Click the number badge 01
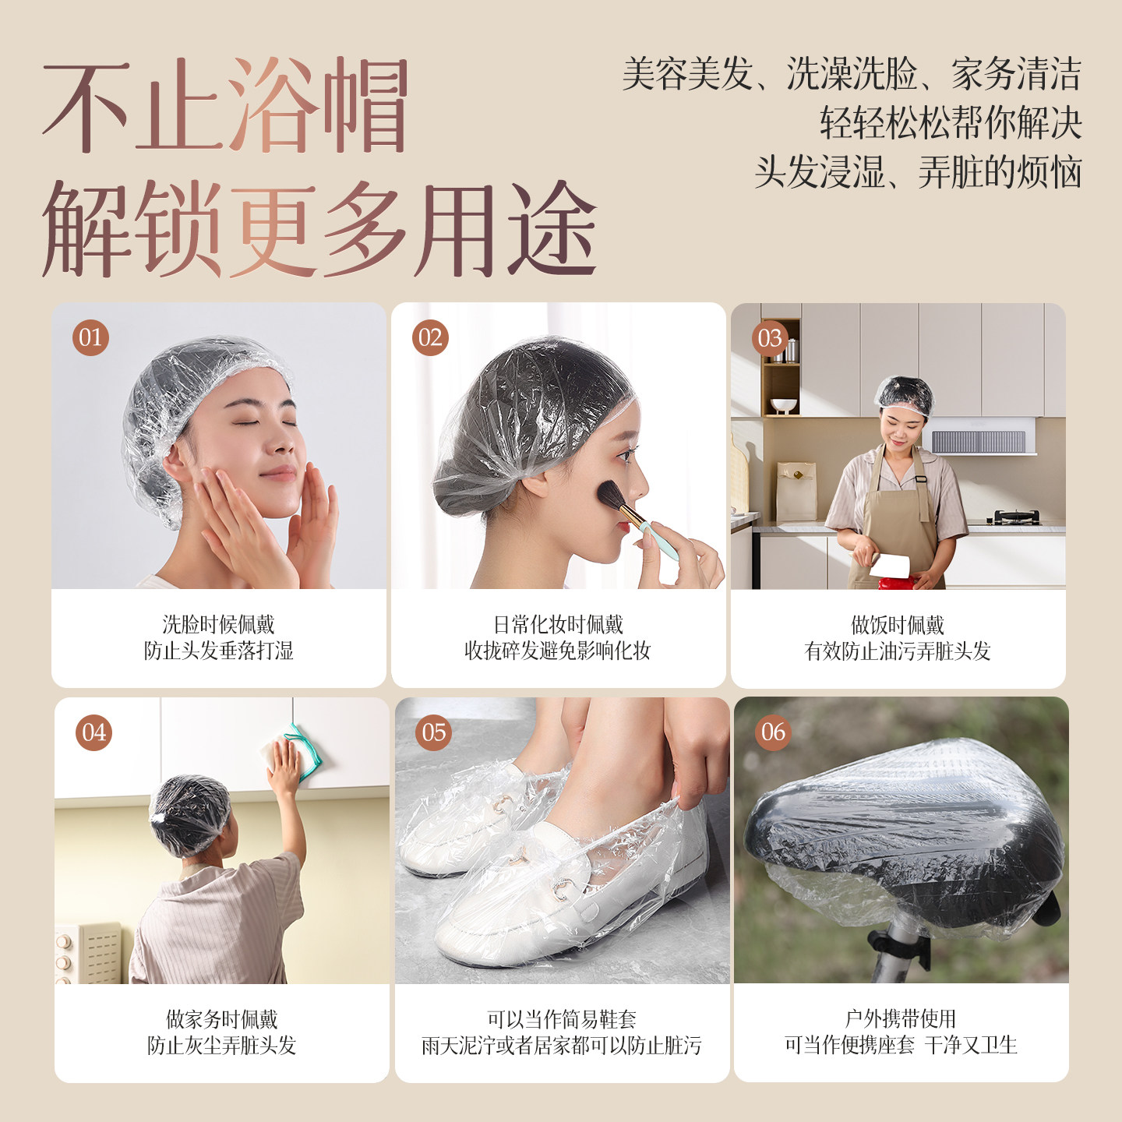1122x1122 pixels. coord(91,337)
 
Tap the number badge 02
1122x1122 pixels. coord(430,337)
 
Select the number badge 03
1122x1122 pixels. coord(770,338)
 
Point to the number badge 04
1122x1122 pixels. coord(94,732)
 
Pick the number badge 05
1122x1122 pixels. coord(434,732)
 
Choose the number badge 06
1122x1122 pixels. coord(773,732)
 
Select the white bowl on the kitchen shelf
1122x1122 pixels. coord(783,405)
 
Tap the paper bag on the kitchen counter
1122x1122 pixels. coord(796,491)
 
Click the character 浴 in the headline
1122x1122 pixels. coord(274,104)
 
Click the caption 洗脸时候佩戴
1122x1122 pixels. coord(219,624)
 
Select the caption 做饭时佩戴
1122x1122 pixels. coord(898,625)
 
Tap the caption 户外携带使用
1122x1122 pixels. coord(901,1018)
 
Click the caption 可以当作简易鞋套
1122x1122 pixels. coord(562,1018)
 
